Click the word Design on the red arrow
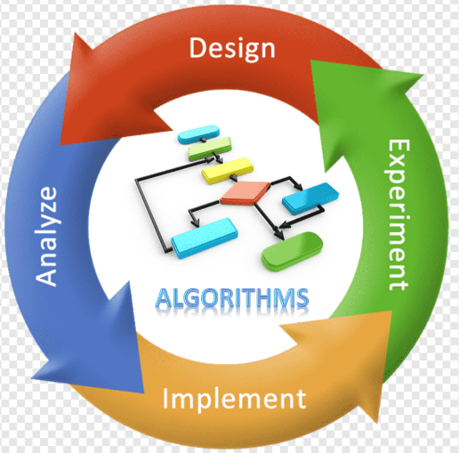coord(232,49)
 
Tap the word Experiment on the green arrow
coord(399,214)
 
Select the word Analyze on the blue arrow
coord(46,237)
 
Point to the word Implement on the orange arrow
coord(234,399)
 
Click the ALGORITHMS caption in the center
coord(232,297)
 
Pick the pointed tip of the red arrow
coord(60,145)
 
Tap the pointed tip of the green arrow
coord(423,75)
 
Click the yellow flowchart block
coord(228,170)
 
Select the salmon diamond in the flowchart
coord(246,193)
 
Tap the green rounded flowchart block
coord(293,252)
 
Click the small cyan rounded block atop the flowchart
coord(198,134)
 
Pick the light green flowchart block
coord(210,149)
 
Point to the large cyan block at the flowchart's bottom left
coord(205,238)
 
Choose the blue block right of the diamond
coord(310,198)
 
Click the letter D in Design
coord(197,47)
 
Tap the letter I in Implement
coord(165,398)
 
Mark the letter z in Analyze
coord(46,206)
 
